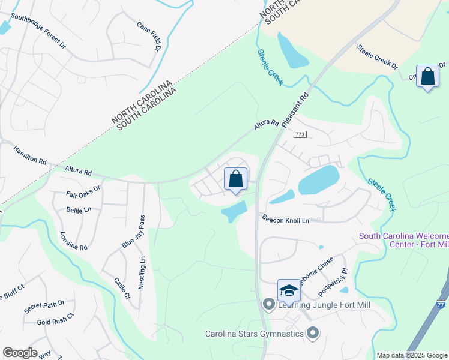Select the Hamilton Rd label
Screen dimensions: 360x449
30,157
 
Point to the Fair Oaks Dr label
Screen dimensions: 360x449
83,196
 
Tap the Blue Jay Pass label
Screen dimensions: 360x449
134,232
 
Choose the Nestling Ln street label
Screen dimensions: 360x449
142,272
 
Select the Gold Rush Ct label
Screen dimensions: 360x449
55,319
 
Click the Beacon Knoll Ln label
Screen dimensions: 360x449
285,220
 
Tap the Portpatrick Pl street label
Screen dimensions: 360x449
333,283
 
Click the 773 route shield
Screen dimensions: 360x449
300,134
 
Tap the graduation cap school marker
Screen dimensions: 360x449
289,290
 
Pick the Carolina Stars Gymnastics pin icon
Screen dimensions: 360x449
312,332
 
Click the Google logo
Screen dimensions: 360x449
20,353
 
